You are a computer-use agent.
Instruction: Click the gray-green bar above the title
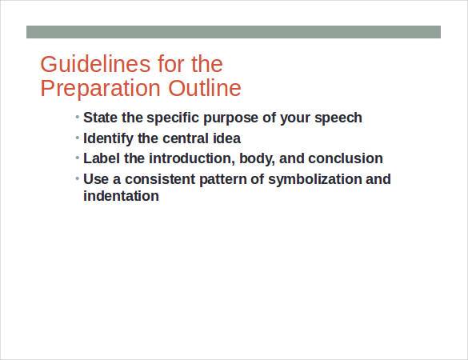coord(234,32)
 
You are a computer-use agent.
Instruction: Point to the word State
coord(101,118)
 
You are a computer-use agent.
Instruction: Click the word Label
coord(102,158)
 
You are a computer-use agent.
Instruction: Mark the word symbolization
coord(314,179)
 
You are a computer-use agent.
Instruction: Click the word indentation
coord(121,196)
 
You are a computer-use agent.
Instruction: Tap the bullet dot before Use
coord(78,178)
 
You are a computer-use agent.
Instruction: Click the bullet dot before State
coord(78,118)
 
